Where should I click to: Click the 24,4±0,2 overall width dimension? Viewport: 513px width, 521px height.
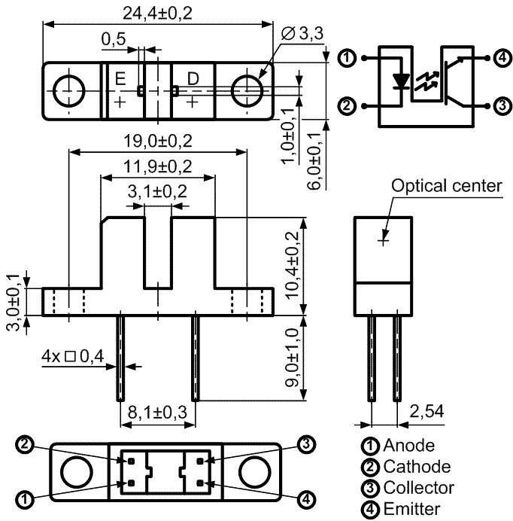[157, 14]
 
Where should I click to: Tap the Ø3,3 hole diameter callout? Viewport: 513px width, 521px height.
[302, 34]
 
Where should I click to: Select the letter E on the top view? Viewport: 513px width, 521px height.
[120, 79]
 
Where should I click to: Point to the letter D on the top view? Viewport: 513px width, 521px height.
[193, 79]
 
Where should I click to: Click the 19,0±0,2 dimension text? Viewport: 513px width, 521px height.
[158, 141]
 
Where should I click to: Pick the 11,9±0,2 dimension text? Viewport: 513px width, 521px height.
[158, 166]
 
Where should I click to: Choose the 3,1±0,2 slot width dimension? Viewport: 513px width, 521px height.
[157, 191]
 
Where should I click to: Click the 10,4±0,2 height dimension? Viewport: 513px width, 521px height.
[293, 265]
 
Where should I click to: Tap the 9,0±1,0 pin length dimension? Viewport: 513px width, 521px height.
[293, 357]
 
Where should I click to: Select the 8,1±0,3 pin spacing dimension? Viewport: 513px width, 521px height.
[158, 413]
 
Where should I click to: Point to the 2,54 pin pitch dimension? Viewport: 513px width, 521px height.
[426, 411]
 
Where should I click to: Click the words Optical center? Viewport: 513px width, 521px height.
[447, 185]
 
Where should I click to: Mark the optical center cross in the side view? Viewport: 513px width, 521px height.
[384, 240]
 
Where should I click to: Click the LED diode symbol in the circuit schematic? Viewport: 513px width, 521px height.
[401, 81]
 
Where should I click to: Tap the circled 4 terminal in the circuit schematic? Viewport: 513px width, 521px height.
[503, 58]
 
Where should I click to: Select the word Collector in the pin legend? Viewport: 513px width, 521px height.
[419, 488]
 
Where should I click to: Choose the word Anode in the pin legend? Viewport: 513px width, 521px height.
[409, 445]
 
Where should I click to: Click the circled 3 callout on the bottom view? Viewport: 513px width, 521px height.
[306, 444]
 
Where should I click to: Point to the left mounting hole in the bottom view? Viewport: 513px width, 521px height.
[77, 472]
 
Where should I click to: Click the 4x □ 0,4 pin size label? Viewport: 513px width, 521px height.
[73, 356]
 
